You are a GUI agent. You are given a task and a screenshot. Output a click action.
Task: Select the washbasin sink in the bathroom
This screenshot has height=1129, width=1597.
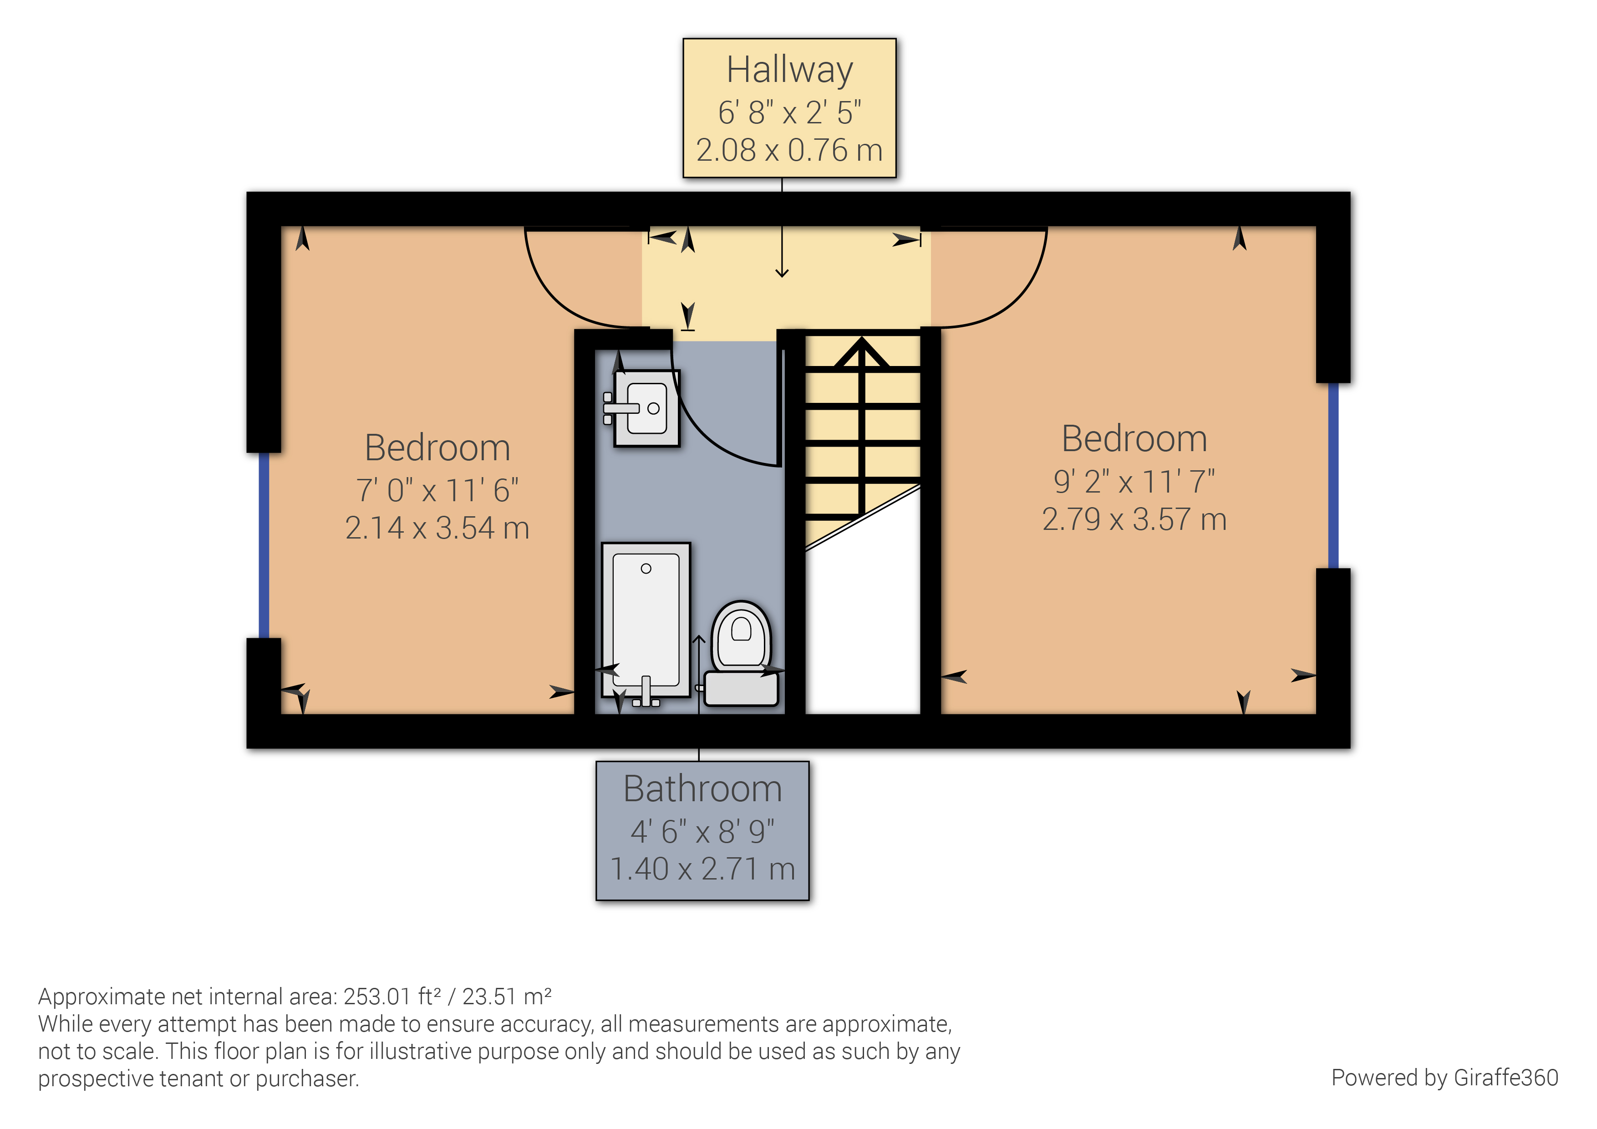[x=647, y=408]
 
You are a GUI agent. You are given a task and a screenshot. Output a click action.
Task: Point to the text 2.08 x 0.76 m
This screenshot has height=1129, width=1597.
[x=789, y=150]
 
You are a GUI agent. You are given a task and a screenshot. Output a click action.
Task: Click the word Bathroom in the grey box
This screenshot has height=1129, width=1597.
[x=702, y=789]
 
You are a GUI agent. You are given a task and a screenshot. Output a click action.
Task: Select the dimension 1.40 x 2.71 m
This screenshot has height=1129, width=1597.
[x=702, y=869]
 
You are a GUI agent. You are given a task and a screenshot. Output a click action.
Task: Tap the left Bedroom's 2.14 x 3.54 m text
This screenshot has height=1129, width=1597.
[x=437, y=528]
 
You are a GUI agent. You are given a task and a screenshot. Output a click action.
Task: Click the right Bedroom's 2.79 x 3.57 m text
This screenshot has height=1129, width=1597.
[x=1134, y=519]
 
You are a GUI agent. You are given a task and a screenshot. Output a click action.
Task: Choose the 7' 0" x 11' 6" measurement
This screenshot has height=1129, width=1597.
[x=437, y=490]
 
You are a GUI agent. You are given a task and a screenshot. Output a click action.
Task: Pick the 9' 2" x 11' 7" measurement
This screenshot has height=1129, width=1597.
[x=1134, y=481]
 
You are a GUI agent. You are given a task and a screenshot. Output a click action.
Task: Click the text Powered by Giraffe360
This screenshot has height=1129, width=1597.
[x=1444, y=1078]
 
